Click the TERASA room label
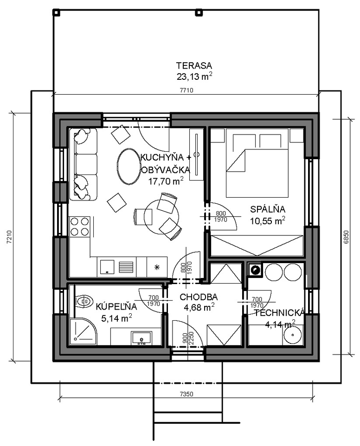[194, 66]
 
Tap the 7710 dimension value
[186, 90]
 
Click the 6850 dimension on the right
[346, 237]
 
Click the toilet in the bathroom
[84, 301]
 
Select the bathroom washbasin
[141, 338]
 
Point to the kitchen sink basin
[107, 267]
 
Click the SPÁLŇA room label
[268, 209]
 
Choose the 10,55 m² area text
[268, 220]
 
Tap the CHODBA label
[199, 297]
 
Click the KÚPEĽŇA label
[116, 306]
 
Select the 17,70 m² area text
[166, 181]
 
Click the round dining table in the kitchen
[161, 216]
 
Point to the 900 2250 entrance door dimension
[187, 338]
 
